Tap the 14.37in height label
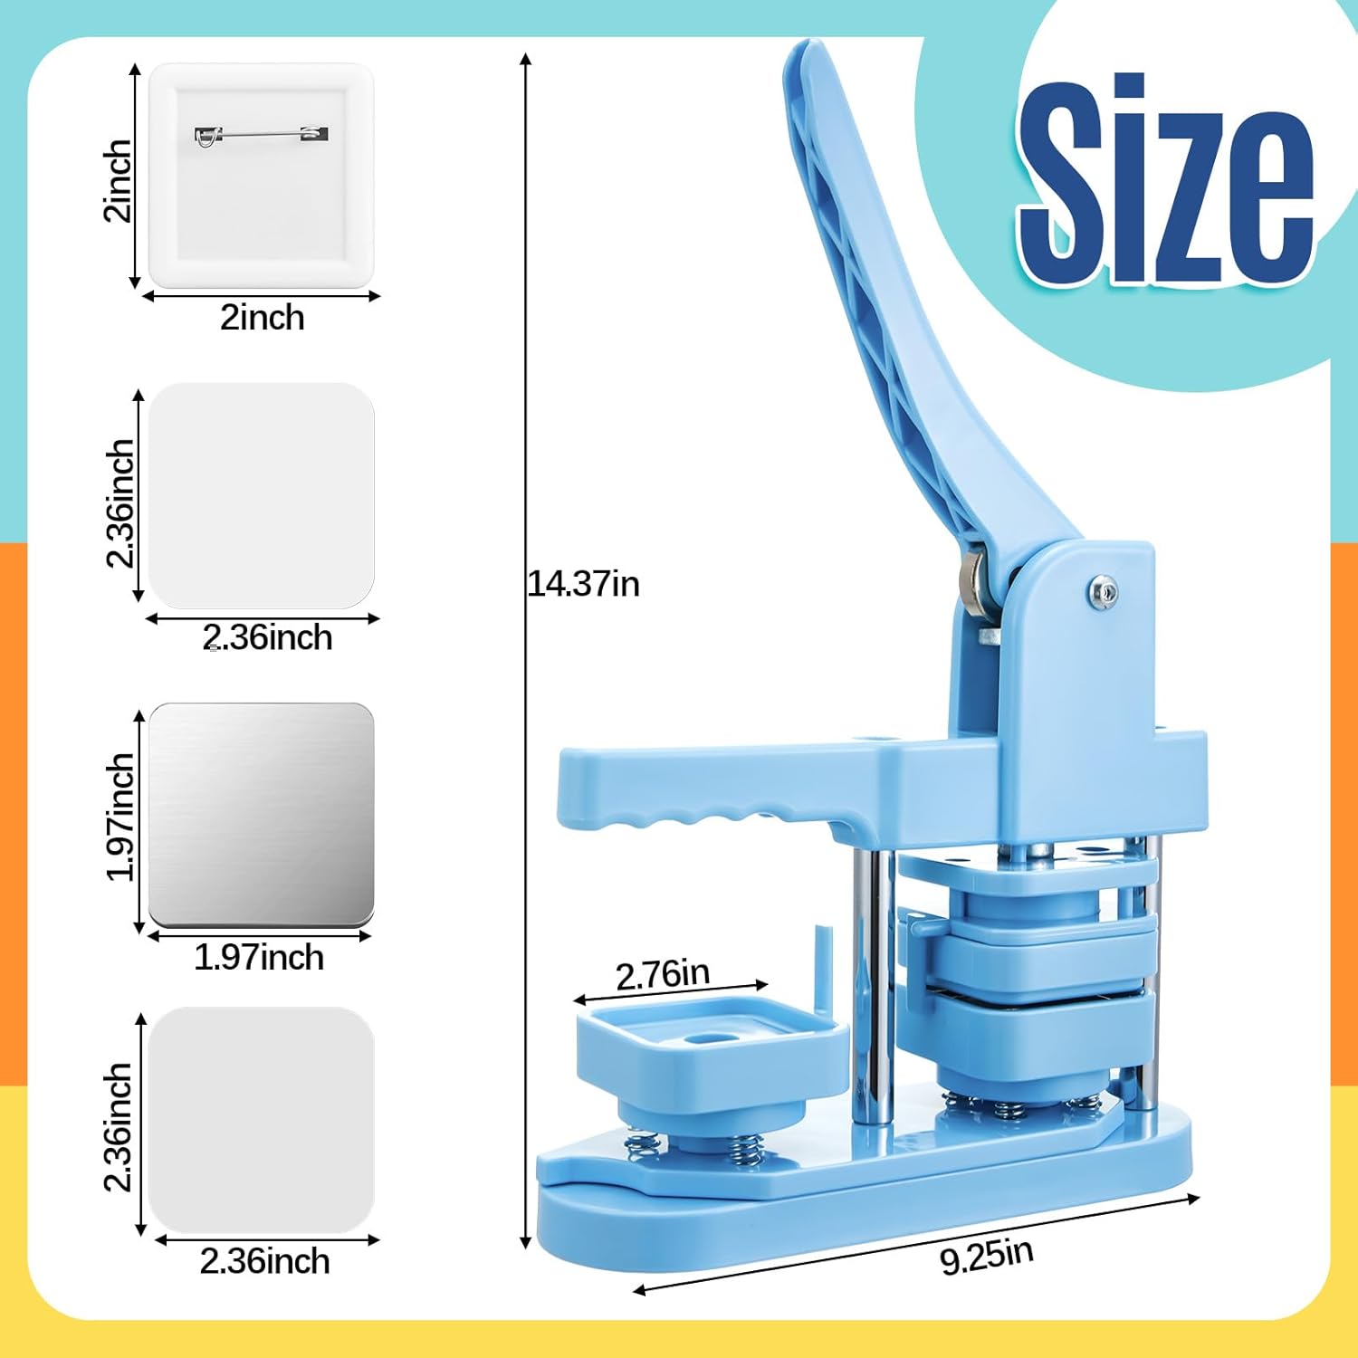(584, 584)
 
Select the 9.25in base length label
(987, 1257)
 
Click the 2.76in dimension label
(663, 974)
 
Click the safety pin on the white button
(262, 135)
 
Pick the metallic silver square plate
(262, 815)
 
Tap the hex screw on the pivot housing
(1102, 593)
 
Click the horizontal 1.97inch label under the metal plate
(259, 957)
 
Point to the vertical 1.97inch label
(120, 817)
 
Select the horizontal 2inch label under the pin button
(263, 318)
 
